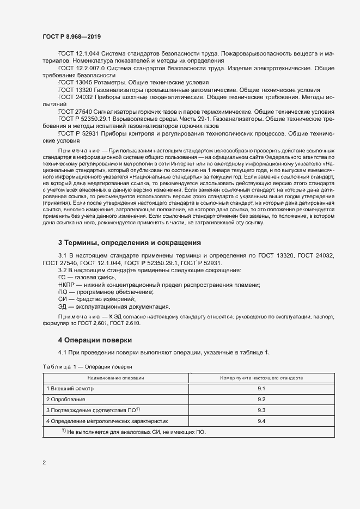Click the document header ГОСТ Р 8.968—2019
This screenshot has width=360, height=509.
[x=71, y=36]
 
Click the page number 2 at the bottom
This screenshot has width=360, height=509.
[x=44, y=463]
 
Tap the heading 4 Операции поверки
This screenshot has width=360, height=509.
[x=95, y=340]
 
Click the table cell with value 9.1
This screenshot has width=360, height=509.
[x=261, y=388]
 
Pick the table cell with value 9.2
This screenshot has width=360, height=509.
[x=261, y=399]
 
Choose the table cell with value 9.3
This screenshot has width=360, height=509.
[x=261, y=410]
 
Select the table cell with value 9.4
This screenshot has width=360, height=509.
[x=261, y=421]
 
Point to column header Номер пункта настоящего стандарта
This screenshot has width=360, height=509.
[x=261, y=377]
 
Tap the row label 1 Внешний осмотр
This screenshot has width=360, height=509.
[x=70, y=388]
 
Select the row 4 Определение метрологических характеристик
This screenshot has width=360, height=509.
[x=108, y=421]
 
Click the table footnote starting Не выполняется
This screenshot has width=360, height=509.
[x=137, y=432]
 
